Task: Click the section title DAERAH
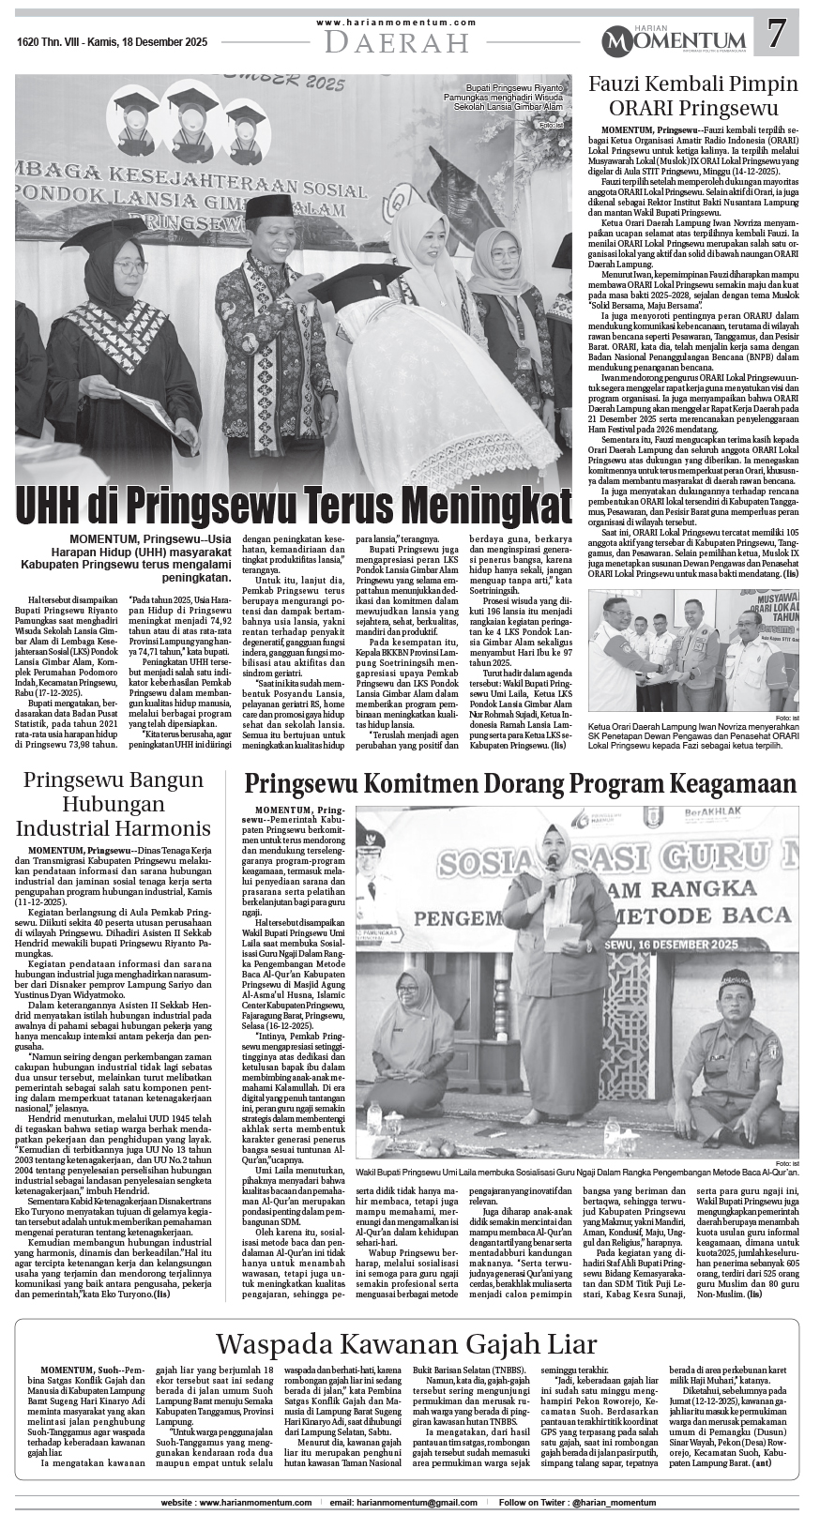coord(398,42)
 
